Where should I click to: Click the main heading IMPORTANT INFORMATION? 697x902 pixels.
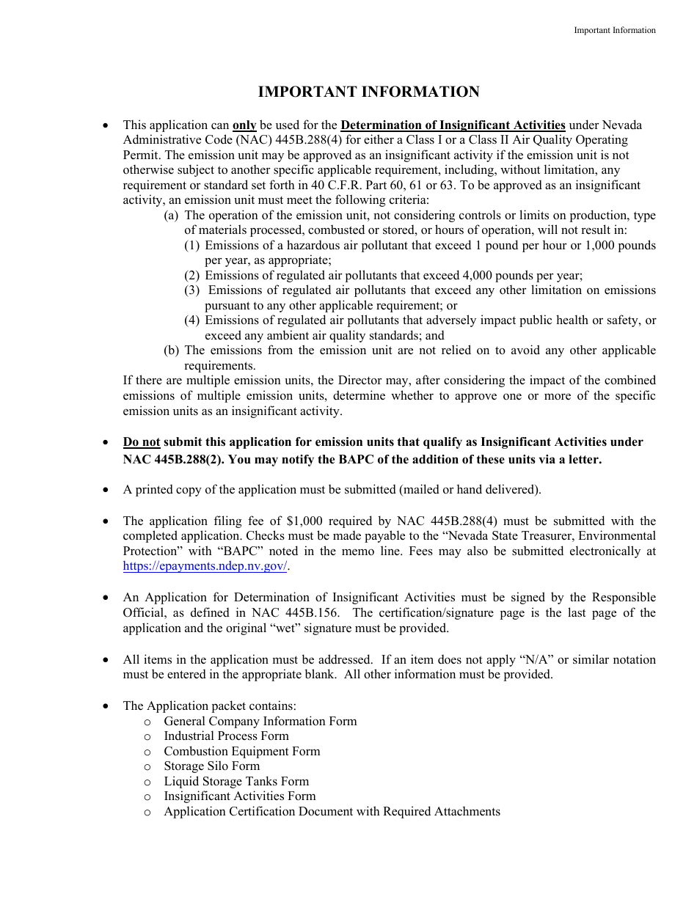coord(368,92)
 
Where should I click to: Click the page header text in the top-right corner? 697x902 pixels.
coord(614,30)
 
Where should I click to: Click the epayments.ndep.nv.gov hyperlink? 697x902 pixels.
coord(205,566)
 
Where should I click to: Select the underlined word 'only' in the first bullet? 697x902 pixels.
coord(244,125)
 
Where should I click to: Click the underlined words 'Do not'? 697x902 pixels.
coord(141,442)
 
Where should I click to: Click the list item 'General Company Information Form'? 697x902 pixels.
coord(260,721)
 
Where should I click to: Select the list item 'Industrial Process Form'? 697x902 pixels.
coord(226,736)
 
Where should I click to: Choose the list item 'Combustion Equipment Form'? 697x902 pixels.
coord(241,752)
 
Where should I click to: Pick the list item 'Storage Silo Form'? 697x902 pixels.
coord(211,766)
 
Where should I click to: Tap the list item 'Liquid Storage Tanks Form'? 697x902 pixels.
coord(236,782)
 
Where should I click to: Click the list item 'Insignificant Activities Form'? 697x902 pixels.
coord(239,796)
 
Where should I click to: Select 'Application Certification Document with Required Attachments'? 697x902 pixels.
coord(332,812)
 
